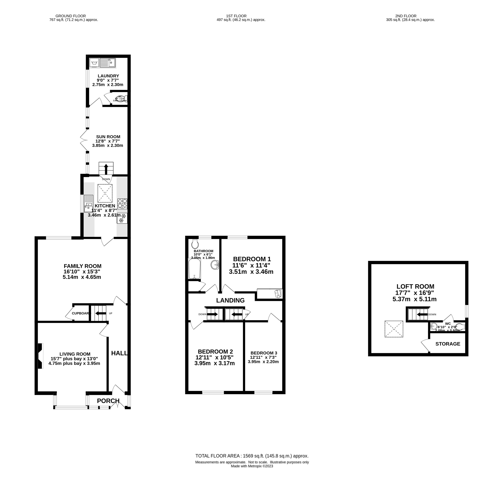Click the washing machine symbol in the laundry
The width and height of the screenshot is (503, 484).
94,63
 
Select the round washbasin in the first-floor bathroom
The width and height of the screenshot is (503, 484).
215,265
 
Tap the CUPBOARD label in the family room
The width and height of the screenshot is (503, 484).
81,313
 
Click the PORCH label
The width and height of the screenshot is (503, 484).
108,401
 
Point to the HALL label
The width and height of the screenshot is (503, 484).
119,353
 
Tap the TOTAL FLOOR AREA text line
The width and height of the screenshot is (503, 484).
252,456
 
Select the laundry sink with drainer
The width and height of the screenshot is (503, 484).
107,63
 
